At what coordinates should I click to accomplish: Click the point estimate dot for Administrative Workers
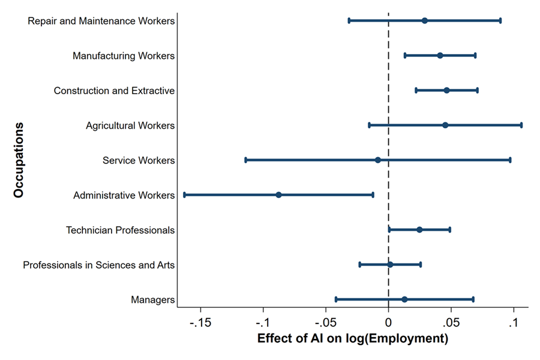(278, 195)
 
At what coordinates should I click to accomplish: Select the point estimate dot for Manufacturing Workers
(440, 55)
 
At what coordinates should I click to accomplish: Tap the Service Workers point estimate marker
(377, 160)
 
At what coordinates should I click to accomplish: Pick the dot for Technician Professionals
(419, 230)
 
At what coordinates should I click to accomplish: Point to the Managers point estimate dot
(404, 299)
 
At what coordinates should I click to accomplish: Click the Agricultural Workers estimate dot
(445, 125)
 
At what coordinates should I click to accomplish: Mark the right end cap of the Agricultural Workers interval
(521, 125)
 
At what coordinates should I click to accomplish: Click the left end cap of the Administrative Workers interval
(184, 195)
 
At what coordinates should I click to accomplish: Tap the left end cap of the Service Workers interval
(245, 160)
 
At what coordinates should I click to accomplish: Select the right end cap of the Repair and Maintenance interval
(500, 20)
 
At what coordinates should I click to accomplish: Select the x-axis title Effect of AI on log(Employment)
(353, 339)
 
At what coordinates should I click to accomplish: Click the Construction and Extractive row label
(114, 91)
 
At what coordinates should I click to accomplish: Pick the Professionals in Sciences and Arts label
(98, 265)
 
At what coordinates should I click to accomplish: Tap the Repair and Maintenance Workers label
(101, 21)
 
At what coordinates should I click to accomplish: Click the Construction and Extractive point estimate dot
(446, 90)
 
